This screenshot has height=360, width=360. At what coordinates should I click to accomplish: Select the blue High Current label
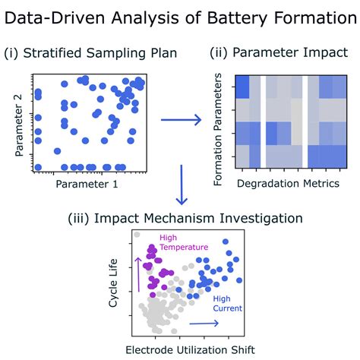[x=227, y=303]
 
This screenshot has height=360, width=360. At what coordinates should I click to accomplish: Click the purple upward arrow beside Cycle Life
[x=138, y=274]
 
